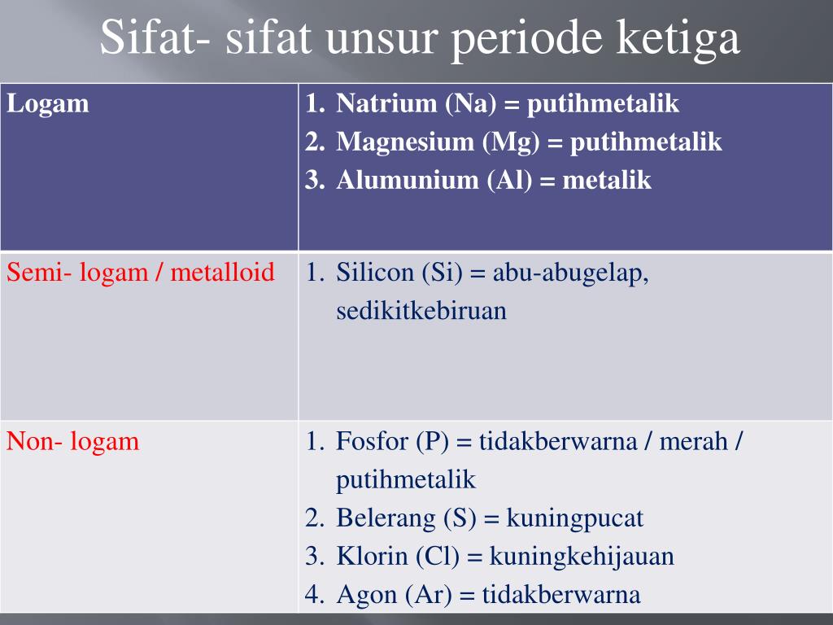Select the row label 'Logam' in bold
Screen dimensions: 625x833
click(x=48, y=104)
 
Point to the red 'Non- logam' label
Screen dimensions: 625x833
click(x=73, y=442)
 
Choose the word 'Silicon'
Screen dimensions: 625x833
click(x=375, y=273)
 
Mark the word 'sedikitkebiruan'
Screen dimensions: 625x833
click(x=421, y=311)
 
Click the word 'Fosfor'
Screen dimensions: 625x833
click(x=372, y=443)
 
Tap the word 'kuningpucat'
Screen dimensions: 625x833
click(x=574, y=518)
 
